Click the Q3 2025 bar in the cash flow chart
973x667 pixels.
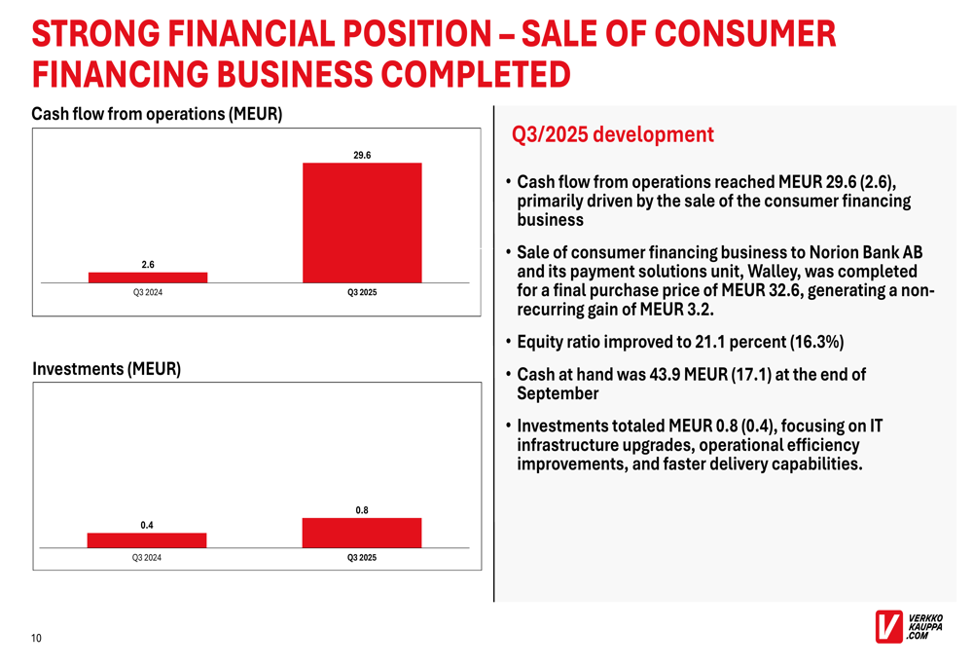[x=362, y=222]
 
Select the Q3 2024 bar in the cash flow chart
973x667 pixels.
[x=148, y=278]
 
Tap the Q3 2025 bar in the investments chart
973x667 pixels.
[x=362, y=533]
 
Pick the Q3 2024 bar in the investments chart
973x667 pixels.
[x=147, y=540]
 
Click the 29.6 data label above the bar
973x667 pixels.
[x=362, y=155]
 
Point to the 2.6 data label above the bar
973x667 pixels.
[x=148, y=264]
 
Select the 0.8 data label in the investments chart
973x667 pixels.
[x=362, y=510]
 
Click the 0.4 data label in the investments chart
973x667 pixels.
[x=147, y=526]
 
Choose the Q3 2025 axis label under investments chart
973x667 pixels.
[x=362, y=558]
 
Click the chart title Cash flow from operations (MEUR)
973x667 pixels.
[x=157, y=115]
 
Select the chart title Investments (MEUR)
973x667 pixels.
[x=106, y=370]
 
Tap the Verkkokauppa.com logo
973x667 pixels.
[x=909, y=626]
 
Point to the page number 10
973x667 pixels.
[x=36, y=639]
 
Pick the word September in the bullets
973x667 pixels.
[x=558, y=393]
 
